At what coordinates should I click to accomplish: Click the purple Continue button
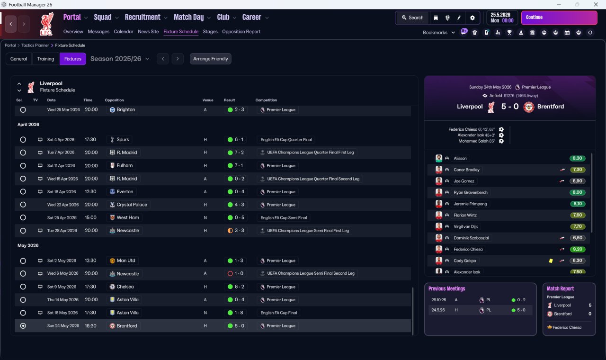pyautogui.click(x=559, y=18)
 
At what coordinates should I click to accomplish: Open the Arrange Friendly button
pyautogui.click(x=211, y=59)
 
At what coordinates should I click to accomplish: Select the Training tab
pyautogui.click(x=45, y=59)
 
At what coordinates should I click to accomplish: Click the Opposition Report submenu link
pyautogui.click(x=241, y=32)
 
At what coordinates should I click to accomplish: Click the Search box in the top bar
pyautogui.click(x=412, y=18)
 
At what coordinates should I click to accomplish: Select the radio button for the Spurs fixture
pyautogui.click(x=23, y=140)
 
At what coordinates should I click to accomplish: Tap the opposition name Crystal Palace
pyautogui.click(x=132, y=205)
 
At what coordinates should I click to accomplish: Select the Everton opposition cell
pyautogui.click(x=125, y=192)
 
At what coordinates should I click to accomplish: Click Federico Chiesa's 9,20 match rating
pyautogui.click(x=578, y=249)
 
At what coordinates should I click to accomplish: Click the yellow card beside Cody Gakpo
pyautogui.click(x=551, y=261)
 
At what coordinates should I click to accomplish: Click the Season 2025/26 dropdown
pyautogui.click(x=120, y=59)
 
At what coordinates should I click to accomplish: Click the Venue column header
pyautogui.click(x=208, y=100)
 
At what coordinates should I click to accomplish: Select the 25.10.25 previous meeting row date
pyautogui.click(x=438, y=300)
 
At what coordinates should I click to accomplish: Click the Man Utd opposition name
pyautogui.click(x=125, y=261)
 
